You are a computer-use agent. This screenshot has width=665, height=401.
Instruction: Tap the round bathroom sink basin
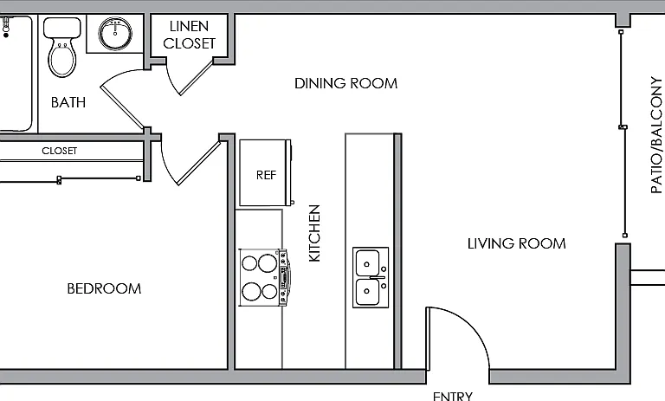[115, 33]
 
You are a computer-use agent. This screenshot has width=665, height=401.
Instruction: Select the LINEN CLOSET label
[189, 35]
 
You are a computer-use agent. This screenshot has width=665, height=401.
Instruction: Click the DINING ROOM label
[346, 83]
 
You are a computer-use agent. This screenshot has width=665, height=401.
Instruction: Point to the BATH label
[68, 102]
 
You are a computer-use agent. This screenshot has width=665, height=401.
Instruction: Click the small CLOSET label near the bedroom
[60, 151]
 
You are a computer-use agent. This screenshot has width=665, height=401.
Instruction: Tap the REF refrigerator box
[266, 172]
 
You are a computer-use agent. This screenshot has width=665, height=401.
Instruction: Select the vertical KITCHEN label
[314, 233]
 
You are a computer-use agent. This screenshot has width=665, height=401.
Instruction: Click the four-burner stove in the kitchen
[264, 277]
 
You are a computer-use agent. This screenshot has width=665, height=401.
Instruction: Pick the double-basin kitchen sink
[371, 277]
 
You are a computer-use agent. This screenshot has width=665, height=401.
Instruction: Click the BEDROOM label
[104, 288]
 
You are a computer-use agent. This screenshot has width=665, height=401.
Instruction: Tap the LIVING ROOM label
[517, 243]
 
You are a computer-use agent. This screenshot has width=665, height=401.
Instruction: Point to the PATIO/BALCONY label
[656, 135]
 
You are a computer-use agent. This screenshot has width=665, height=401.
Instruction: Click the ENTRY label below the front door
[453, 396]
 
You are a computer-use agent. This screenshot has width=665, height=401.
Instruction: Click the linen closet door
[197, 78]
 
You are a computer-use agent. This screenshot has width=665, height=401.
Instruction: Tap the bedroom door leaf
[199, 163]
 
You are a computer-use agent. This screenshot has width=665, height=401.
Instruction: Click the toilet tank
[62, 28]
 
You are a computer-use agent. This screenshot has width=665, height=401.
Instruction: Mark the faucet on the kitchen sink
[377, 277]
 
